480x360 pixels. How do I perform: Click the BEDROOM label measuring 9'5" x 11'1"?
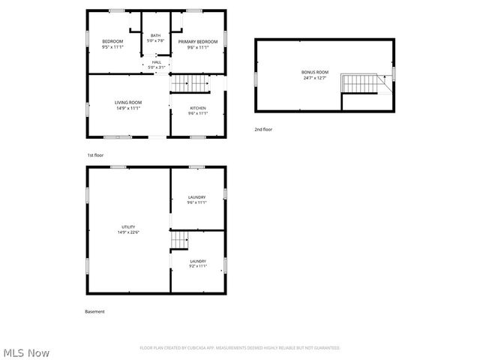click(112, 42)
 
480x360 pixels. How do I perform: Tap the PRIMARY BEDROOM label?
click(197, 42)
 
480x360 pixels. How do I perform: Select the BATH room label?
click(155, 35)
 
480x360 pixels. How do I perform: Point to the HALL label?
click(156, 62)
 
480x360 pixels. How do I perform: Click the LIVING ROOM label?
click(128, 103)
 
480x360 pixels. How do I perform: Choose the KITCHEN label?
click(197, 109)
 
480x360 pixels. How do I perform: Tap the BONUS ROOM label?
click(315, 72)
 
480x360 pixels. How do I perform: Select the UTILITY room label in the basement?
click(128, 226)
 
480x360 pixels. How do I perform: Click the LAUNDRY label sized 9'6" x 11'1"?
click(197, 197)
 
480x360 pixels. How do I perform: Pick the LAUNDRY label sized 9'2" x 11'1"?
click(197, 262)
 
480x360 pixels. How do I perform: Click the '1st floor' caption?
click(95, 154)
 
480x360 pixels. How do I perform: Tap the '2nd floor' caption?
click(263, 129)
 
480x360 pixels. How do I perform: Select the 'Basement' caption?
click(95, 311)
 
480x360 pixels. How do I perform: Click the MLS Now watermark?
click(26, 352)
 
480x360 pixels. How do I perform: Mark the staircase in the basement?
click(179, 240)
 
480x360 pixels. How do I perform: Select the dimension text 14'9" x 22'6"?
click(128, 232)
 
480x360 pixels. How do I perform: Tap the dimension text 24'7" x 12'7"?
click(315, 77)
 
